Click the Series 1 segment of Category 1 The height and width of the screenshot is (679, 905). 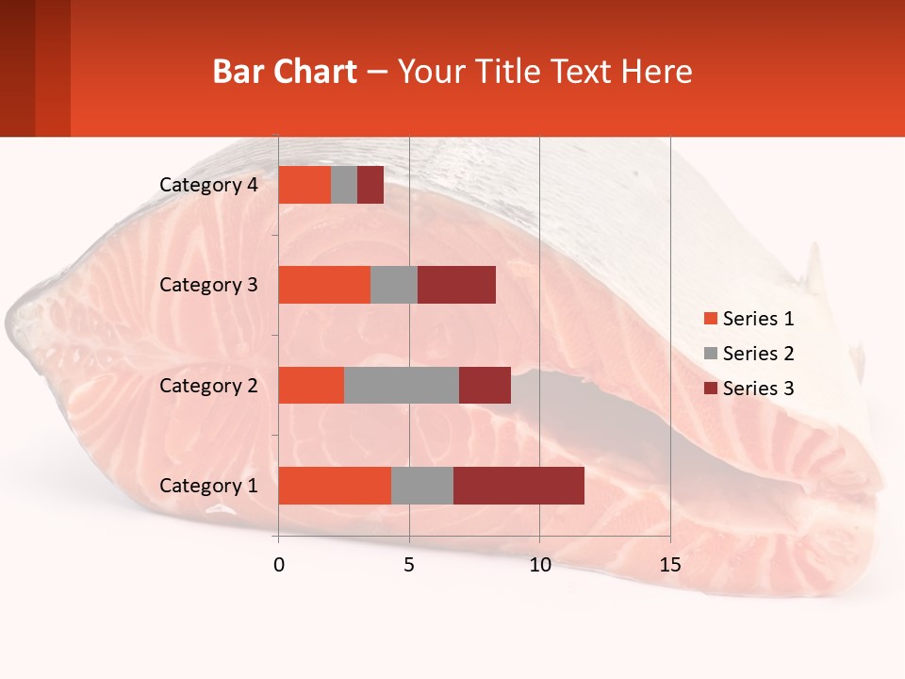pyautogui.click(x=335, y=486)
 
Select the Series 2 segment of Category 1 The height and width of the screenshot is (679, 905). pyautogui.click(x=422, y=486)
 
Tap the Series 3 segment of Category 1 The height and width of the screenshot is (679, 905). pyautogui.click(x=518, y=486)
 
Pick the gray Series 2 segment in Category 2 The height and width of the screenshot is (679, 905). pyautogui.click(x=402, y=385)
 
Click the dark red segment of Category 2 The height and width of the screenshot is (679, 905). pyautogui.click(x=485, y=385)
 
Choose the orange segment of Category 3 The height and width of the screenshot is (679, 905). pyautogui.click(x=324, y=285)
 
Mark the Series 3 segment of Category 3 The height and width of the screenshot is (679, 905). pyautogui.click(x=456, y=285)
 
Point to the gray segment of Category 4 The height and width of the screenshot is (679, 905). pyautogui.click(x=344, y=185)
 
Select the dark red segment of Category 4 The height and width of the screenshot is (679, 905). pyautogui.click(x=370, y=185)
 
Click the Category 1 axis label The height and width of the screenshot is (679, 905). pyautogui.click(x=208, y=486)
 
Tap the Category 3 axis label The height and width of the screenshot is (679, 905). pyautogui.click(x=208, y=285)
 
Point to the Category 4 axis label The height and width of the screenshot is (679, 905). pyautogui.click(x=208, y=185)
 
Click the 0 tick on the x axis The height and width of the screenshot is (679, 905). pyautogui.click(x=278, y=565)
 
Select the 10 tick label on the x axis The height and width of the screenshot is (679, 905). pyautogui.click(x=539, y=565)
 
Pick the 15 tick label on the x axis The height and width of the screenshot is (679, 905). pyautogui.click(x=670, y=565)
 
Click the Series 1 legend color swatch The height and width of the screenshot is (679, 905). pyautogui.click(x=710, y=319)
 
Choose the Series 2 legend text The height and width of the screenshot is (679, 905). pyautogui.click(x=758, y=354)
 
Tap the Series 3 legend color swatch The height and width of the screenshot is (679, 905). pyautogui.click(x=710, y=389)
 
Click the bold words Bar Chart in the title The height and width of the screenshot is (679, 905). pyautogui.click(x=285, y=72)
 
